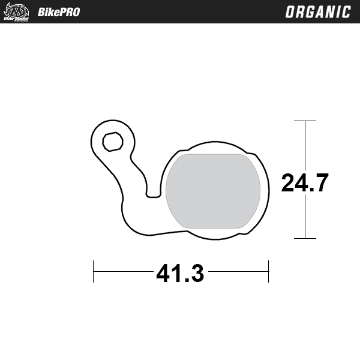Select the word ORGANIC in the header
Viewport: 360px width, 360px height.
click(x=317, y=12)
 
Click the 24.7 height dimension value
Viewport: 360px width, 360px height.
click(x=305, y=182)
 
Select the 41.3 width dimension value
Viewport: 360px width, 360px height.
click(x=180, y=274)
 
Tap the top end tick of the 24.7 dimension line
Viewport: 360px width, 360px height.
click(x=305, y=121)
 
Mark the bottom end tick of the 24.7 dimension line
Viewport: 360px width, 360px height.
click(x=305, y=238)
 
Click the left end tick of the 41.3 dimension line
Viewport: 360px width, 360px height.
click(x=93, y=271)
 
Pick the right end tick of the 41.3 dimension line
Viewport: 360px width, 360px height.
click(x=268, y=271)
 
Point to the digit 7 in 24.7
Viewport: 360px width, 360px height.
click(x=320, y=182)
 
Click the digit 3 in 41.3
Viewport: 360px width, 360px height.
click(x=197, y=274)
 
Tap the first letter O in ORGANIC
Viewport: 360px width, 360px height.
click(x=290, y=12)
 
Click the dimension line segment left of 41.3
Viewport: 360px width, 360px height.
click(x=123, y=271)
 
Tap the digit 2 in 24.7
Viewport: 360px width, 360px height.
click(x=289, y=182)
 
